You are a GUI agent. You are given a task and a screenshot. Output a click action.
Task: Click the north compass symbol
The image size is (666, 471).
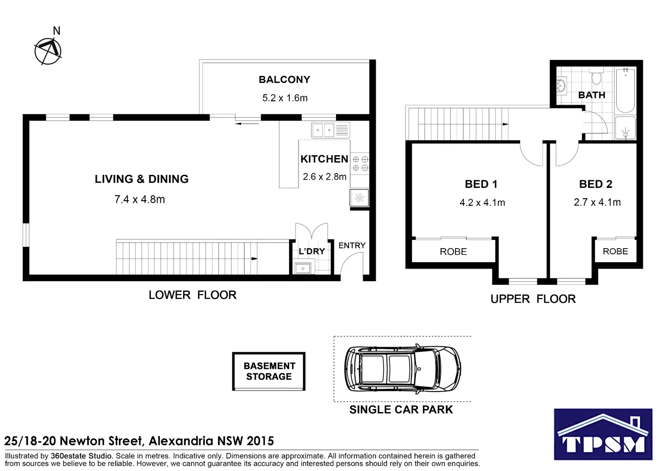(x=48, y=51)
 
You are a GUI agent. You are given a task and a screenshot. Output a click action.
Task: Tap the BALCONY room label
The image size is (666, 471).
(x=284, y=80)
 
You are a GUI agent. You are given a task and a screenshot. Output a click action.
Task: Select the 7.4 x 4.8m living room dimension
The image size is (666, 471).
(x=139, y=200)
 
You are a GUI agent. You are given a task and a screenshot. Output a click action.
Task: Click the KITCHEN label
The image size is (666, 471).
(x=324, y=159)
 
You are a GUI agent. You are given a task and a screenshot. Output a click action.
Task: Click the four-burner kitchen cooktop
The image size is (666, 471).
(x=360, y=164)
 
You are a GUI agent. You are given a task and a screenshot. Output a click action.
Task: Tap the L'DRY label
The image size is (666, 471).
(x=311, y=252)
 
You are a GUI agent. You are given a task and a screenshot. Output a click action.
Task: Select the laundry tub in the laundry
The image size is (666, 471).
(x=302, y=268)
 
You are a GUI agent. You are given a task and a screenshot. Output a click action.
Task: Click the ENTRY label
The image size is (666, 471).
(x=352, y=246)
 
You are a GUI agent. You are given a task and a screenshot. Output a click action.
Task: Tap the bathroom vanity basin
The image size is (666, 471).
(x=561, y=85)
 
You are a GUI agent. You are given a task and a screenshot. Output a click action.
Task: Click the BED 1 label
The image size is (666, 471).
(x=481, y=184)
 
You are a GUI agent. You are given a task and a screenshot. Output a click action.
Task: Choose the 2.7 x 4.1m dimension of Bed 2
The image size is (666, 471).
(x=597, y=202)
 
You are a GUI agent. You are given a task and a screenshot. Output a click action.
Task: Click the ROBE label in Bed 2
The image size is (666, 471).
(x=615, y=252)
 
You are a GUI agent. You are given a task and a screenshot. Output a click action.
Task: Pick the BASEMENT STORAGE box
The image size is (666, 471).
(x=269, y=372)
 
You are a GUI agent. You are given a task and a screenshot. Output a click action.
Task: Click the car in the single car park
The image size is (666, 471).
(x=402, y=369)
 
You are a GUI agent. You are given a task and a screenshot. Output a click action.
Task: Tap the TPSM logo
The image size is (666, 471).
(x=603, y=434)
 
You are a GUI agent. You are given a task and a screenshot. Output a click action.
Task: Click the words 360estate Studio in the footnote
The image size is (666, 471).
(x=81, y=456)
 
